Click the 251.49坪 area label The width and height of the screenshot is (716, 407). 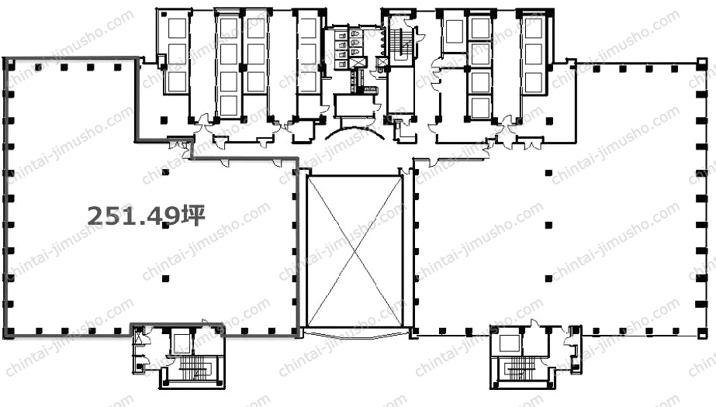point(146,216)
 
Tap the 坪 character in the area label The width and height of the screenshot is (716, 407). point(193,216)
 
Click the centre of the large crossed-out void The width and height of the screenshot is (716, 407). point(355,251)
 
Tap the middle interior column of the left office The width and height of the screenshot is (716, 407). point(165,226)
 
